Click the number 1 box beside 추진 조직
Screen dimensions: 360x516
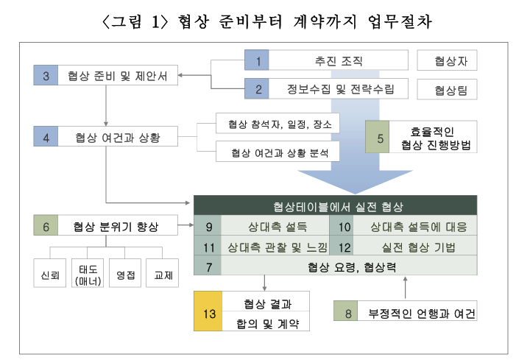coord(258,60)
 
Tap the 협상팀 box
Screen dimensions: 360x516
coord(446,90)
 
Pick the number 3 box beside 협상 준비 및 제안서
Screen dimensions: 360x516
coord(46,74)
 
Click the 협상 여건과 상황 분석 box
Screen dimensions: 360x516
coord(278,152)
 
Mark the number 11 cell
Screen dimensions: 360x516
coord(208,247)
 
